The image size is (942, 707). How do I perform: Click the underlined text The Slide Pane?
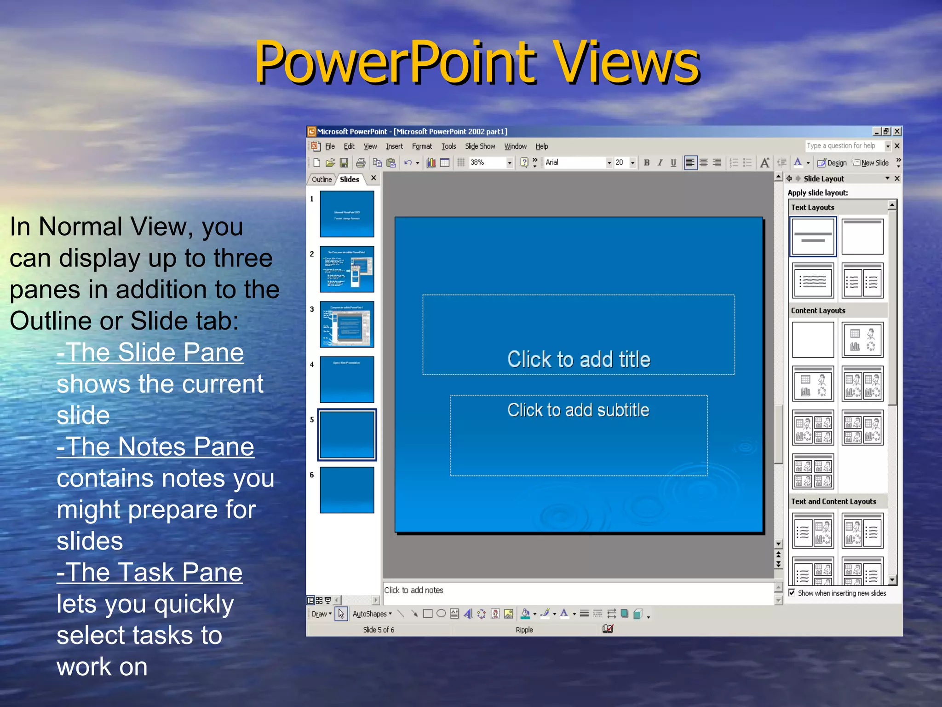pyautogui.click(x=150, y=353)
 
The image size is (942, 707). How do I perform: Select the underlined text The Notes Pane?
pyautogui.click(x=155, y=447)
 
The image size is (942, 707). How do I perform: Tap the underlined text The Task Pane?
pyautogui.click(x=149, y=573)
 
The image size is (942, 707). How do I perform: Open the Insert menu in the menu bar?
pyautogui.click(x=394, y=146)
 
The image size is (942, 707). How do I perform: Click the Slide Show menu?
pyautogui.click(x=480, y=146)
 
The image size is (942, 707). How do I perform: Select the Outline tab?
pyautogui.click(x=322, y=180)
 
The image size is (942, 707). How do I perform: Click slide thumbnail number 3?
pyautogui.click(x=347, y=325)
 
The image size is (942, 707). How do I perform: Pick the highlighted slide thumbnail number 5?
pyautogui.click(x=347, y=435)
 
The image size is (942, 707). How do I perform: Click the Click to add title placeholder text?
pyautogui.click(x=579, y=359)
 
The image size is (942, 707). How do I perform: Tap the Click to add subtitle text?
pyautogui.click(x=578, y=410)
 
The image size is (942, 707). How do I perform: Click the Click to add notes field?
pyautogui.click(x=414, y=591)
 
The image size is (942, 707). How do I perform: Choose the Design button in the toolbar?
pyautogui.click(x=832, y=163)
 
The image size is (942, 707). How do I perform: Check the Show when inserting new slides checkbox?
pyautogui.click(x=792, y=593)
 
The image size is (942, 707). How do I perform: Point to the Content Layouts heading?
pyautogui.click(x=818, y=311)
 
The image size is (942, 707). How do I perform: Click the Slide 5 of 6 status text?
pyautogui.click(x=379, y=630)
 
